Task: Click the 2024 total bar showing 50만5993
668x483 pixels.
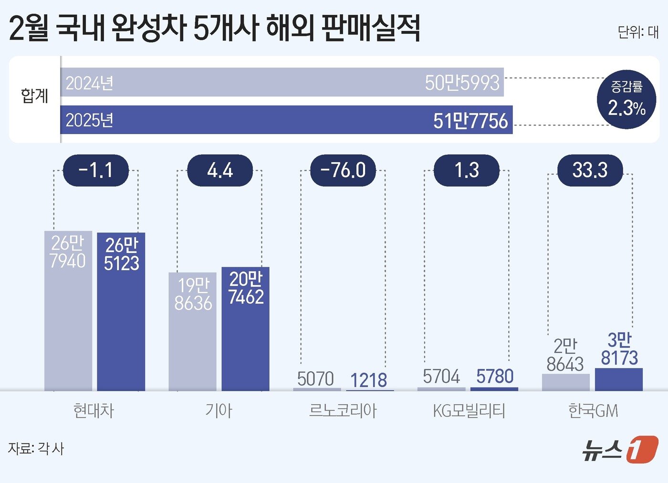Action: click(x=282, y=82)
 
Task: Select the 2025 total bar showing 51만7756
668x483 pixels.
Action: click(x=286, y=120)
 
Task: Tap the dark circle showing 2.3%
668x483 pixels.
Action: click(x=626, y=99)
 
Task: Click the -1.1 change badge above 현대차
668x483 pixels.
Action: click(x=96, y=170)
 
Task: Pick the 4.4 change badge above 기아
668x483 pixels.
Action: click(x=219, y=170)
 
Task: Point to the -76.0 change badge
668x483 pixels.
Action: click(x=343, y=170)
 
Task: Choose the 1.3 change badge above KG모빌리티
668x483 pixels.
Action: click(x=466, y=170)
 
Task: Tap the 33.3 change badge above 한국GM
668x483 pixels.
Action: click(x=590, y=170)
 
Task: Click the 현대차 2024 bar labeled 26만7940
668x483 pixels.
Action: click(x=68, y=310)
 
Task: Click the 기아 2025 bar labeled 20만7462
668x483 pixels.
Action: click(x=245, y=329)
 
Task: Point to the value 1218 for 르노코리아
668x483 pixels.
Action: click(x=368, y=380)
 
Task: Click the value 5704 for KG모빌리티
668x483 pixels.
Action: click(x=441, y=377)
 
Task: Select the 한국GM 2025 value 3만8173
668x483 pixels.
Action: click(x=619, y=349)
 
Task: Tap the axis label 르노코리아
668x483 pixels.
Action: click(x=343, y=410)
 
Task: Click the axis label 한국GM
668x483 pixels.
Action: click(x=593, y=410)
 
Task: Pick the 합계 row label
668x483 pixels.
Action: click(x=35, y=96)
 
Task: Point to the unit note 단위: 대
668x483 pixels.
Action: click(x=638, y=32)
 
